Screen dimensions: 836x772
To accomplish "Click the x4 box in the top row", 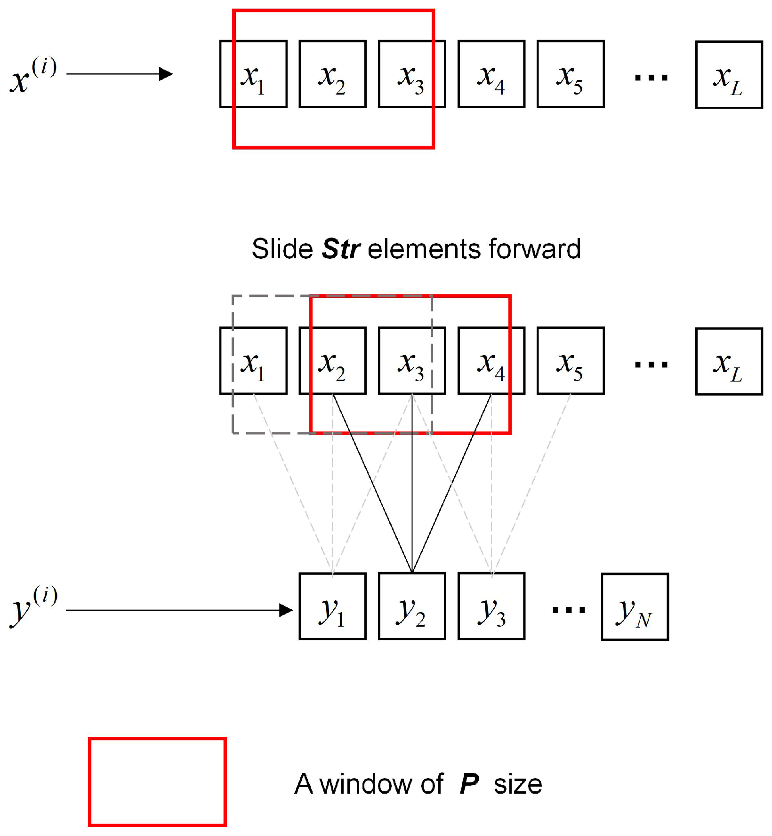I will [491, 74].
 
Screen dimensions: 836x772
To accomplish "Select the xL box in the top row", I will [729, 75].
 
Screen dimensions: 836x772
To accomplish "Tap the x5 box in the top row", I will [571, 74].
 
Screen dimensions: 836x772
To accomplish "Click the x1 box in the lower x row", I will [253, 361].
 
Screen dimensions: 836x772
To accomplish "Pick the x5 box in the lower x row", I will [571, 361].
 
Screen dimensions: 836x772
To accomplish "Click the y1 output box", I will [332, 606].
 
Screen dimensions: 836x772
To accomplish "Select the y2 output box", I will [412, 606].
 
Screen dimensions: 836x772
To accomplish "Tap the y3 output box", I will [491, 606].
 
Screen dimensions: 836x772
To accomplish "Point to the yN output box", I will [635, 606].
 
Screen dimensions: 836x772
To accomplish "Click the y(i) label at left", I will [33, 606].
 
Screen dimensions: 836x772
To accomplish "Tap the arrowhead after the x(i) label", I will [166, 74].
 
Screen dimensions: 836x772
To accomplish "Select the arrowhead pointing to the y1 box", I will [286, 610].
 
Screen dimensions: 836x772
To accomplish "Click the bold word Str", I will [341, 249].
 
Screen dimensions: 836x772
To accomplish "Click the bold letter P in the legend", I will [469, 784].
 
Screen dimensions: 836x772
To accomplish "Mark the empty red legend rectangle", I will [157, 781].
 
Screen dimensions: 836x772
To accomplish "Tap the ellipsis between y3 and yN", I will [569, 610].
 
